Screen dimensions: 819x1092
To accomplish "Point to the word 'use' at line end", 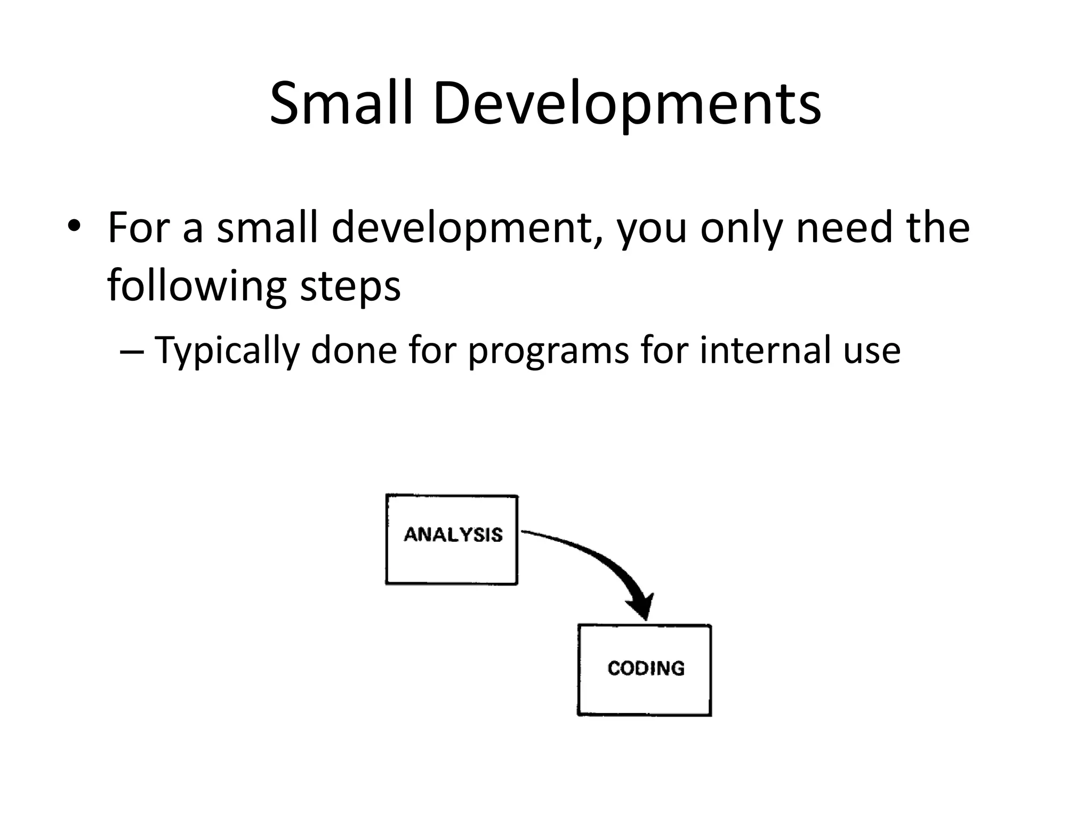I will pyautogui.click(x=871, y=351).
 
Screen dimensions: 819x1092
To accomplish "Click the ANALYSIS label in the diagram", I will pyautogui.click(x=453, y=534).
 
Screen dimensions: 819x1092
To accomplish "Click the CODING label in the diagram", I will pyautogui.click(x=646, y=668).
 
